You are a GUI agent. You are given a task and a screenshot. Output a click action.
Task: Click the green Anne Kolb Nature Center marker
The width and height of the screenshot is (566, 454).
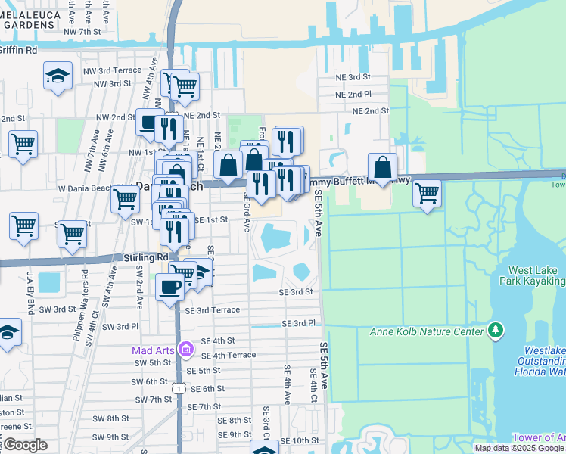tap(496, 330)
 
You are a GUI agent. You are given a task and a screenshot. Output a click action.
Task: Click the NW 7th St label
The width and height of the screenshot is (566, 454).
tap(82, 31)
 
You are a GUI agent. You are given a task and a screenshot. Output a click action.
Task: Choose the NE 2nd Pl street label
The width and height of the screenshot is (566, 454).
tap(354, 94)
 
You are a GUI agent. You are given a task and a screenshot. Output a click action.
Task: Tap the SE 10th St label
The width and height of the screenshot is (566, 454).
tap(303, 440)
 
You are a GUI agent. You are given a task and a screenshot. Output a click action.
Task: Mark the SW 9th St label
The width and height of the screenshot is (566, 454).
tap(111, 437)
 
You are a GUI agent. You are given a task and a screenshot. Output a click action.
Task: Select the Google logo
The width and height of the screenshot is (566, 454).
tap(24, 445)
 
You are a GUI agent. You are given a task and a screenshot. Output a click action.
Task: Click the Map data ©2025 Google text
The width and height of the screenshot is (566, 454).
tap(519, 448)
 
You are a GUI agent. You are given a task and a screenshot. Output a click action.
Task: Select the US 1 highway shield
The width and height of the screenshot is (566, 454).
tap(179, 387)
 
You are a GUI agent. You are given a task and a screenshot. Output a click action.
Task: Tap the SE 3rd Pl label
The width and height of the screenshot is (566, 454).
tap(298, 323)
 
